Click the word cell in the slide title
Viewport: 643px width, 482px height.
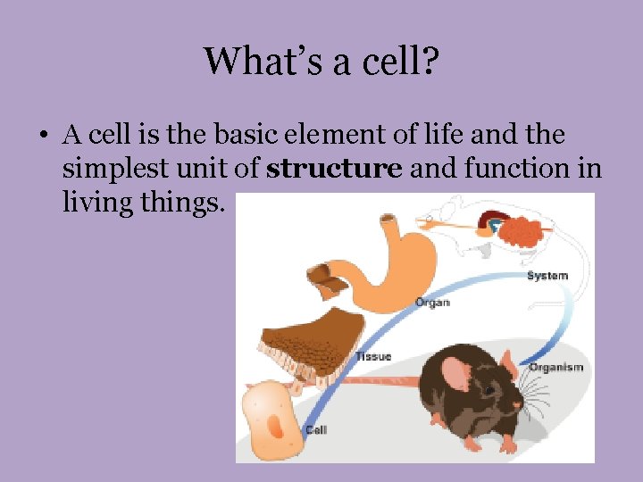[388, 62]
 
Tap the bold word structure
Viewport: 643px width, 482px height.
[334, 168]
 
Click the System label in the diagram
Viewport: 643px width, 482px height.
[547, 276]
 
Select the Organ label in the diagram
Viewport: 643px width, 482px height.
[432, 303]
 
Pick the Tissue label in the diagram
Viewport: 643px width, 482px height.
[373, 356]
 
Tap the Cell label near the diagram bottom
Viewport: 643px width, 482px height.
[315, 429]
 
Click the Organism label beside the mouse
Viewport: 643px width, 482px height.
[555, 367]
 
